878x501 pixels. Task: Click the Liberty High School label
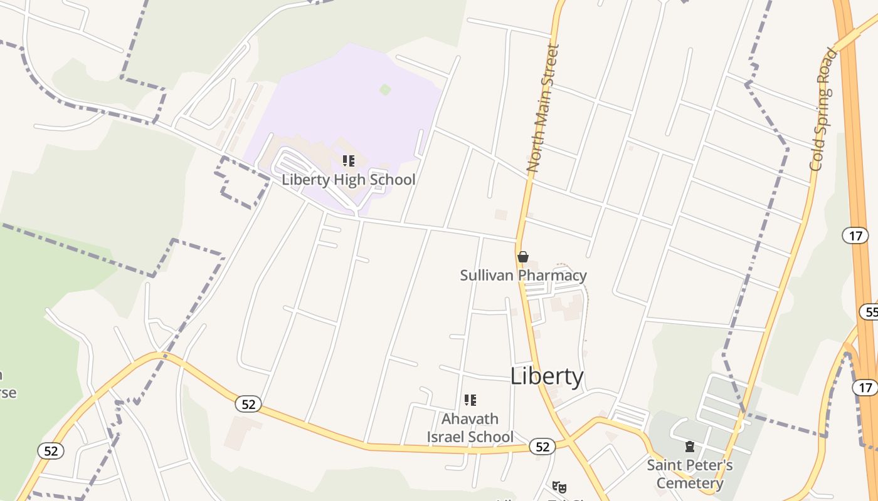[x=348, y=180]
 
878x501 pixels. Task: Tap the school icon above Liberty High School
[x=349, y=161]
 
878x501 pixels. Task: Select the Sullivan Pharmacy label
[x=523, y=275]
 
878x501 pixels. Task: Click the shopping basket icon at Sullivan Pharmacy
[x=523, y=257]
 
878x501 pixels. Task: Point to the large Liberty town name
[x=546, y=376]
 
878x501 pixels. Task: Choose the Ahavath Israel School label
[x=470, y=427]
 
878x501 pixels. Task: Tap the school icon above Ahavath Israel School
[x=470, y=400]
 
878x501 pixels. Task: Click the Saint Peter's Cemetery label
[x=689, y=474]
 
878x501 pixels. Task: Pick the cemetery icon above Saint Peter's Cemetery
[x=690, y=447]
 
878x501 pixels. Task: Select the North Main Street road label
[x=542, y=108]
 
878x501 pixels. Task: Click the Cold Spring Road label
[x=823, y=109]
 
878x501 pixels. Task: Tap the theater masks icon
[x=559, y=487]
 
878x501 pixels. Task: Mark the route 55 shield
[x=870, y=312]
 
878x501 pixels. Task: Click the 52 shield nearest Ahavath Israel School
[x=542, y=447]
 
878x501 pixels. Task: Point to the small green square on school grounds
[x=385, y=90]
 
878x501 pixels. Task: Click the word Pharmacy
[x=554, y=275]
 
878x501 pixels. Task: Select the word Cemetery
[x=690, y=483]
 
